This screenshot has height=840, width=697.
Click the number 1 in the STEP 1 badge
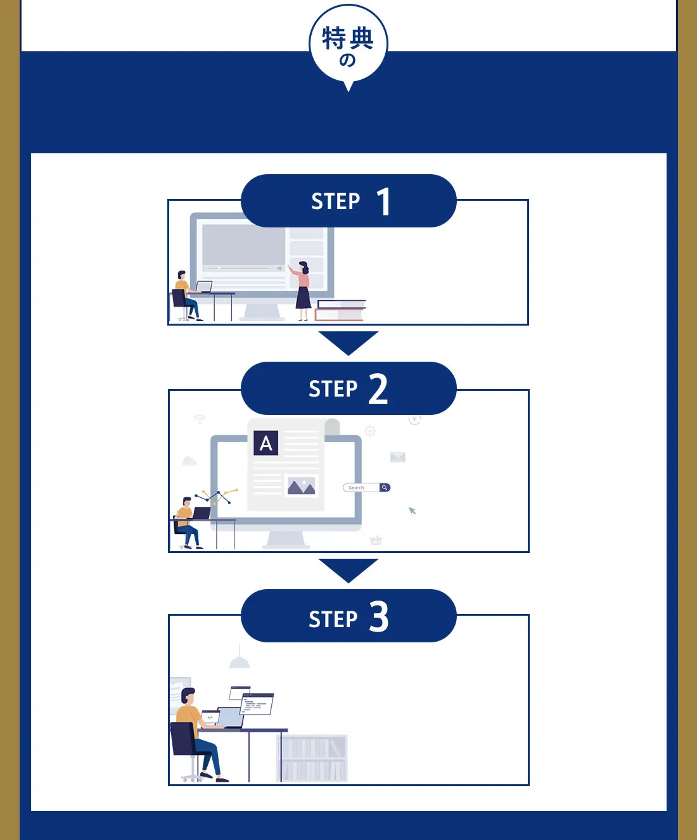[383, 202]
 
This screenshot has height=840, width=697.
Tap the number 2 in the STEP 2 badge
[378, 389]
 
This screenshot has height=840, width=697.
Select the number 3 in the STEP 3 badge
[379, 617]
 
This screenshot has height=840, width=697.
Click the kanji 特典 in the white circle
[348, 39]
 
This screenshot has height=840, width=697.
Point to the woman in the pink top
[302, 290]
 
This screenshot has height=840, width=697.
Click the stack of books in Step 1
[340, 310]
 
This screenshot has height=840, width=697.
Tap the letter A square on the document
[266, 443]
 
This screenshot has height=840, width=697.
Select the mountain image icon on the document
[301, 487]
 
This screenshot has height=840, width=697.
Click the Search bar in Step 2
[366, 488]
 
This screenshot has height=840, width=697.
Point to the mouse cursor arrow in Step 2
[412, 511]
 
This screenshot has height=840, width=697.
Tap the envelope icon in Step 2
[398, 457]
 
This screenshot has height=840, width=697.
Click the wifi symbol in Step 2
[200, 419]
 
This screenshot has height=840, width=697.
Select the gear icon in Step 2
[370, 431]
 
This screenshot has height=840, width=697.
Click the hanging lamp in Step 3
[240, 661]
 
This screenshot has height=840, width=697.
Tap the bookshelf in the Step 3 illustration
[313, 758]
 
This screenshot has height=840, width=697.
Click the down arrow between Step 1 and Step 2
[348, 342]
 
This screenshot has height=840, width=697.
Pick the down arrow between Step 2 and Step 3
[348, 570]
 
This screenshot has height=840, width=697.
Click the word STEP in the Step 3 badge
[333, 619]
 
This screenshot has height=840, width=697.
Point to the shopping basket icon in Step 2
[376, 540]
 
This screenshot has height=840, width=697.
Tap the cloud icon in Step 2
[189, 461]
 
